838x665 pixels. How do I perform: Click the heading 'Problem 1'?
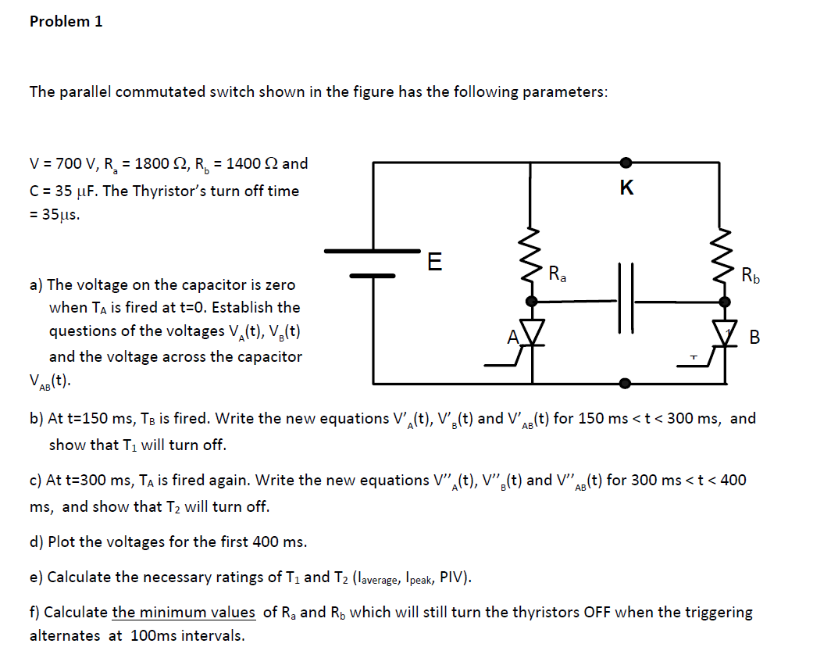66,22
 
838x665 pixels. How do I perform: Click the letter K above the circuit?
626,188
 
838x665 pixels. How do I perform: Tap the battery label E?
434,261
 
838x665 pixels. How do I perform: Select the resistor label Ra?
558,274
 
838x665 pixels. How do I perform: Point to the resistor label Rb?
750,274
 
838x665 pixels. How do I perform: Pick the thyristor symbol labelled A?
532,334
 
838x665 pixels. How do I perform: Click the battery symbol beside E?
373,263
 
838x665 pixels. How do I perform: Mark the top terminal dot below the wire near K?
626,163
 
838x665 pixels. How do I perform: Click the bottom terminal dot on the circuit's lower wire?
626,384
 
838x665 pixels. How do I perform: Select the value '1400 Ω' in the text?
250,164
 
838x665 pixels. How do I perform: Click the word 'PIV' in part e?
453,577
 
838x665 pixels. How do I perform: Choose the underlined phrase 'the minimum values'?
184,612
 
